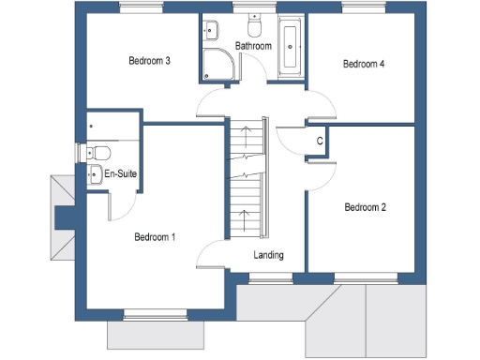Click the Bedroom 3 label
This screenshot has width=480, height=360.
149,62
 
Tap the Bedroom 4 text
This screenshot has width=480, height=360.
364,65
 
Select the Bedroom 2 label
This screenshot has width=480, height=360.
366,207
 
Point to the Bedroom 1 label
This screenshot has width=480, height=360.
155,237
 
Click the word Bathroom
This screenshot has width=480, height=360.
253,46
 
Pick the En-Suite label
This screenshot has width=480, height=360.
119,174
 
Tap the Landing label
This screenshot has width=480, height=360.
268,255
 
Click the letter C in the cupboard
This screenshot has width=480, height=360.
320,142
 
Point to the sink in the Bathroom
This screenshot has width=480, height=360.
208,28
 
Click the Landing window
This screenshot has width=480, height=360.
264,277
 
